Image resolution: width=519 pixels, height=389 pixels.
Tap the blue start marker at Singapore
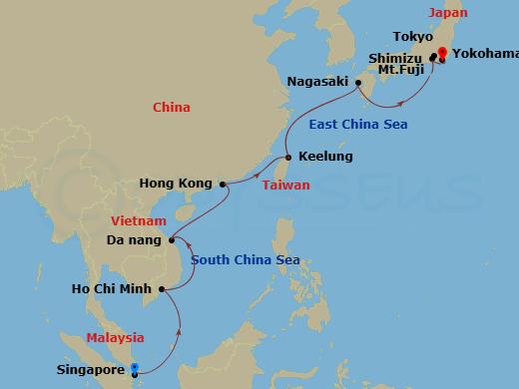(x=136, y=368)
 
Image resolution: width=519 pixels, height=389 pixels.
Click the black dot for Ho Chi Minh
(x=157, y=290)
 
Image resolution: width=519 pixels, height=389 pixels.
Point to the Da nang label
(x=134, y=239)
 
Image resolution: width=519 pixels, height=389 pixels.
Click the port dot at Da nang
(x=172, y=239)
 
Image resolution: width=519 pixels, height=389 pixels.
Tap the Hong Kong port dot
(x=222, y=184)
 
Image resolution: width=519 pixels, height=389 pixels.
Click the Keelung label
(x=325, y=158)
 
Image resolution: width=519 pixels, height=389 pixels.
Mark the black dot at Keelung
(x=287, y=158)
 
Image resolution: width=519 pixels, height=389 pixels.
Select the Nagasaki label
(x=316, y=81)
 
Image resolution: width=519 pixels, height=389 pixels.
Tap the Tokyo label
(x=412, y=37)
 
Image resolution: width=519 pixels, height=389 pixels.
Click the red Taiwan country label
(x=285, y=186)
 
